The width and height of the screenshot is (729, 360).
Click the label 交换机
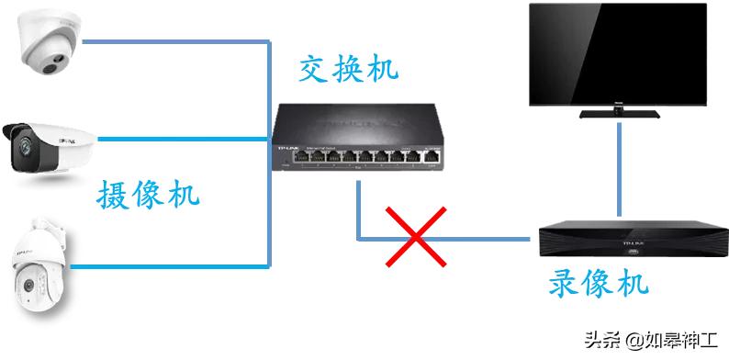(x=349, y=70)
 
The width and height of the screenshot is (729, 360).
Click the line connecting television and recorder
(x=624, y=170)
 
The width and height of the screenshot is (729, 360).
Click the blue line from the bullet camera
(x=184, y=140)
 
